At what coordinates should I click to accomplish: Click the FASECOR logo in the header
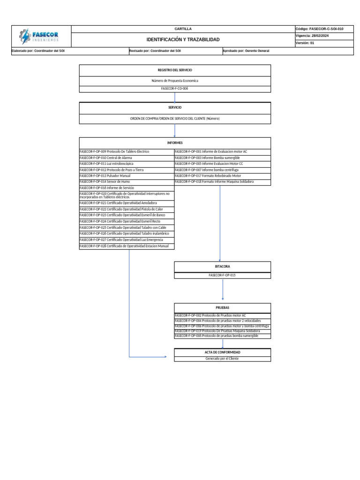41,36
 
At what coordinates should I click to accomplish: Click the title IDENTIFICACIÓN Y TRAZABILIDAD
183,40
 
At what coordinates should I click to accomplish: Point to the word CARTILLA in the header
183,29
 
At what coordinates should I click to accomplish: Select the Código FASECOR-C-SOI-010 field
320,29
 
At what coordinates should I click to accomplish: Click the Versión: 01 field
305,43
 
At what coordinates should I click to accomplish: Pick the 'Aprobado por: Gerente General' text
247,51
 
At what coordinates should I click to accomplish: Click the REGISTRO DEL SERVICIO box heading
175,70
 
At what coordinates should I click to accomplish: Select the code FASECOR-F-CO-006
175,88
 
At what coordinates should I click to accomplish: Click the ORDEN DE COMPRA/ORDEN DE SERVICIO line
175,119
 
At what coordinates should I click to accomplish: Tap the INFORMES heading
175,142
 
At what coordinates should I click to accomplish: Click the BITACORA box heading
223,266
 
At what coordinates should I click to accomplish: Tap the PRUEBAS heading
223,307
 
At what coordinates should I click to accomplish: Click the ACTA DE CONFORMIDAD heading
223,352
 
